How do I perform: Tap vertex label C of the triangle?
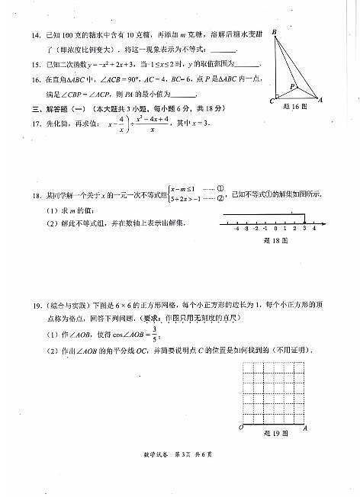[272, 101]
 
